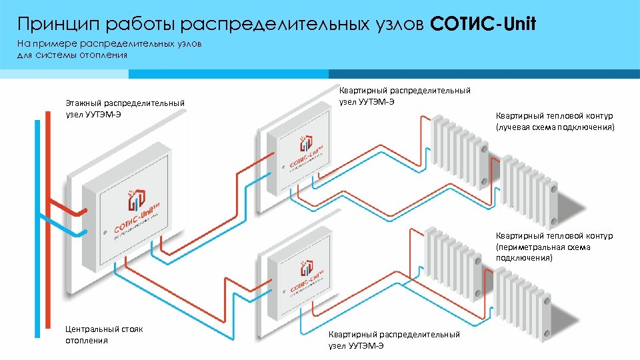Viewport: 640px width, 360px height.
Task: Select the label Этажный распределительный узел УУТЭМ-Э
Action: [x=125, y=109]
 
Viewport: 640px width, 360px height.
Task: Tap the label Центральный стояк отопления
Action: [x=104, y=335]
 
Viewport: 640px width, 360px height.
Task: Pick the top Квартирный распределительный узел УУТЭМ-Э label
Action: [x=405, y=95]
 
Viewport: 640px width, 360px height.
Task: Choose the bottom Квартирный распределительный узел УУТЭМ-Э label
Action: [x=394, y=340]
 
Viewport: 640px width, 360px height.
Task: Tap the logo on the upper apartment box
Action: [x=305, y=153]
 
